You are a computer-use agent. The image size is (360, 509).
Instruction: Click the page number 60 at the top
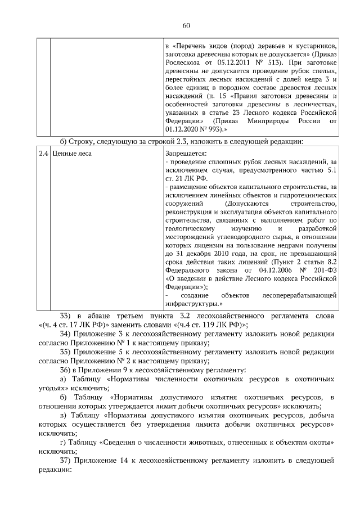tap(187, 25)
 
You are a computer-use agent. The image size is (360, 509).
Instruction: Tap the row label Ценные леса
tap(73, 152)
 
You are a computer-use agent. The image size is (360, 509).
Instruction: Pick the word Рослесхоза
tap(183, 61)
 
